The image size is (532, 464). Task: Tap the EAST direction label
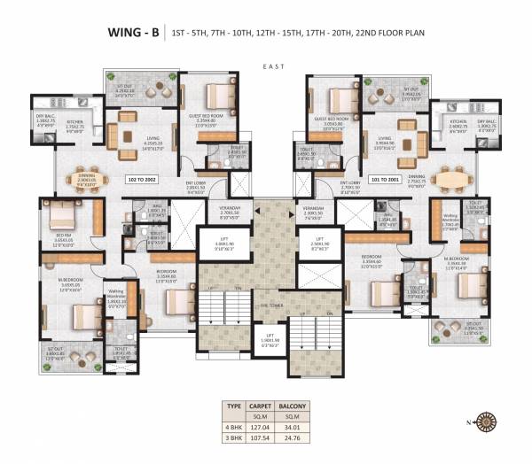tap(271, 66)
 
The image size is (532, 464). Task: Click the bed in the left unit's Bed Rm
tap(66, 214)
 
